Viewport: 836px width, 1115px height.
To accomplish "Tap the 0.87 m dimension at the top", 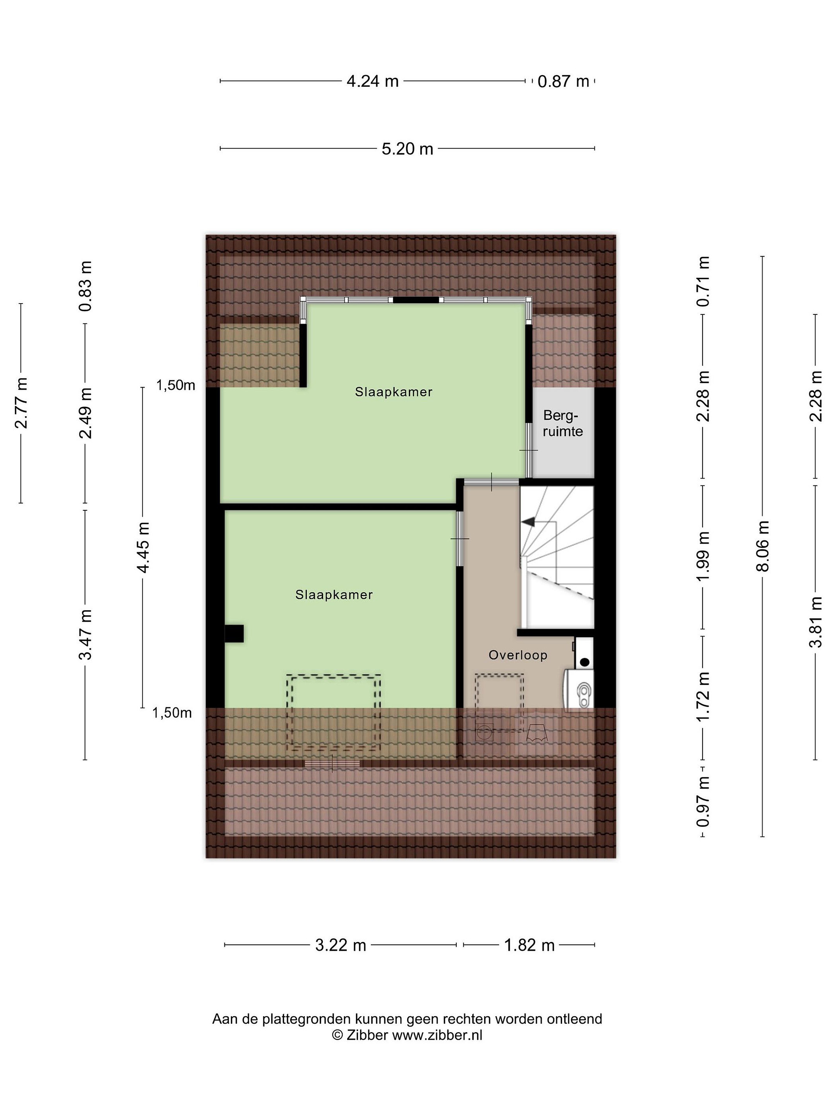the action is point(563,81).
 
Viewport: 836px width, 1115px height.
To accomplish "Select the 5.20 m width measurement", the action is point(407,149).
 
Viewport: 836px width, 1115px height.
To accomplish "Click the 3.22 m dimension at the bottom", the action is point(341,945).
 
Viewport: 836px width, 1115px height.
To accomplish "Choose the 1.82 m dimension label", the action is point(529,945).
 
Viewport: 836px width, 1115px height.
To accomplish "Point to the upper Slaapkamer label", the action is point(394,392).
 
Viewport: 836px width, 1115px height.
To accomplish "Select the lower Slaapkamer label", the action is point(334,595).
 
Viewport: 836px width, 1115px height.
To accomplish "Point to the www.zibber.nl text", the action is point(437,1035).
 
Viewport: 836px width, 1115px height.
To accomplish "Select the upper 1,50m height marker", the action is point(175,386).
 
